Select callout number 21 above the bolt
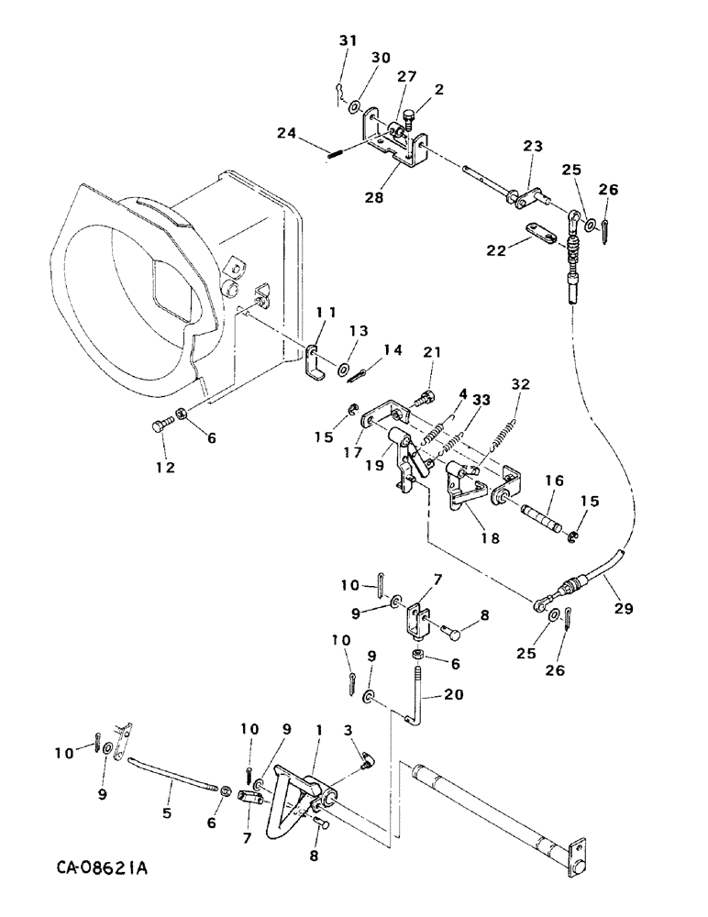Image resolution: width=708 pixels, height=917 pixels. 432,353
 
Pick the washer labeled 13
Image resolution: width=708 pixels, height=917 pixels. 343,370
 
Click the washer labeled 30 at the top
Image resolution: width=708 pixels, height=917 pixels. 354,106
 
